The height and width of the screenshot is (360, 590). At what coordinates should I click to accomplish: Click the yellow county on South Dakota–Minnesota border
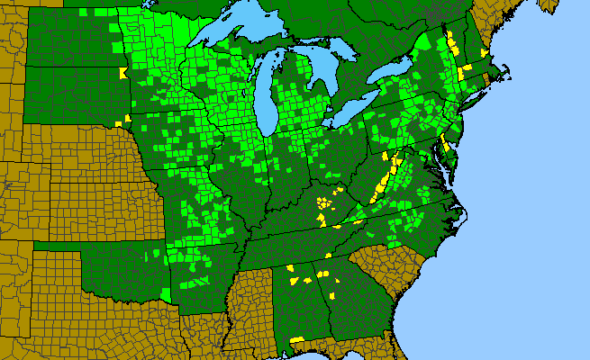click(123, 75)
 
